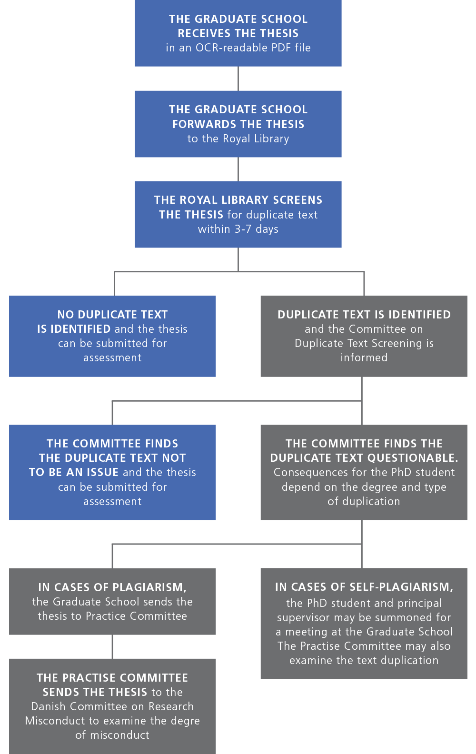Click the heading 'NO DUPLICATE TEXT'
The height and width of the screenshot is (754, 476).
coord(112,315)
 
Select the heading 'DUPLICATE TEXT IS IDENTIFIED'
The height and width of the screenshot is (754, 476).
coord(364,315)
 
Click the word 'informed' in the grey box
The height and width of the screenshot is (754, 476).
coord(364,357)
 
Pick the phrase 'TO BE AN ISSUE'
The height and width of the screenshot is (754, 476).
coord(74,472)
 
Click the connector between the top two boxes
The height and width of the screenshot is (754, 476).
coord(238,79)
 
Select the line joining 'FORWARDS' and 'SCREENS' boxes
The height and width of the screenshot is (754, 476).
coord(238,169)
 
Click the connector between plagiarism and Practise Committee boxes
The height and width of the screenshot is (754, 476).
coord(112,646)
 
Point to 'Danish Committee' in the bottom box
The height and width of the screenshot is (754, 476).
coord(72,706)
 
